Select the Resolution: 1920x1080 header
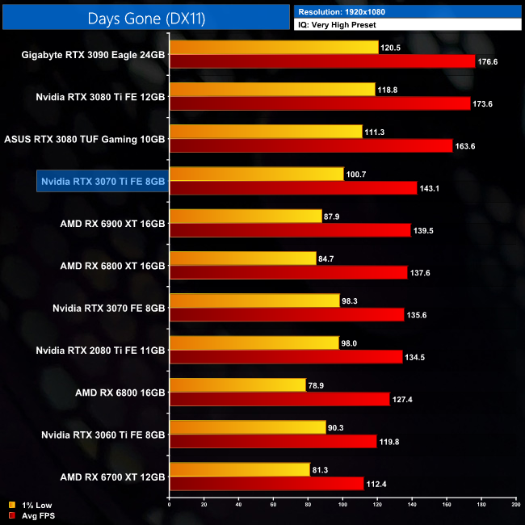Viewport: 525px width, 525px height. (x=408, y=11)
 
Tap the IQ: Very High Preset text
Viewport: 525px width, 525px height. (x=408, y=25)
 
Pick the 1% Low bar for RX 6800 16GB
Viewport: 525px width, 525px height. (x=237, y=385)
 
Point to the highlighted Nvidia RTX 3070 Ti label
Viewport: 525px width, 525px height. (x=103, y=181)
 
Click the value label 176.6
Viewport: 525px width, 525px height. (x=487, y=61)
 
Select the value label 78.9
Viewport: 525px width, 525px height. (x=318, y=385)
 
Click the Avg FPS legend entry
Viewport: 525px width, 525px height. (x=31, y=514)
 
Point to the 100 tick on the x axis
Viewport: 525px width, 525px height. (x=342, y=505)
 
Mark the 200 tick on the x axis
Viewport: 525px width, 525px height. (x=515, y=505)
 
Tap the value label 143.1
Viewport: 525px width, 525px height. (x=429, y=187)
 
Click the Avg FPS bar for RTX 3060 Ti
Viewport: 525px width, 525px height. (x=273, y=441)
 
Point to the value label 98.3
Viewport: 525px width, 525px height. (x=352, y=300)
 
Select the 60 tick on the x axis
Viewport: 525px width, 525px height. (x=273, y=505)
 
